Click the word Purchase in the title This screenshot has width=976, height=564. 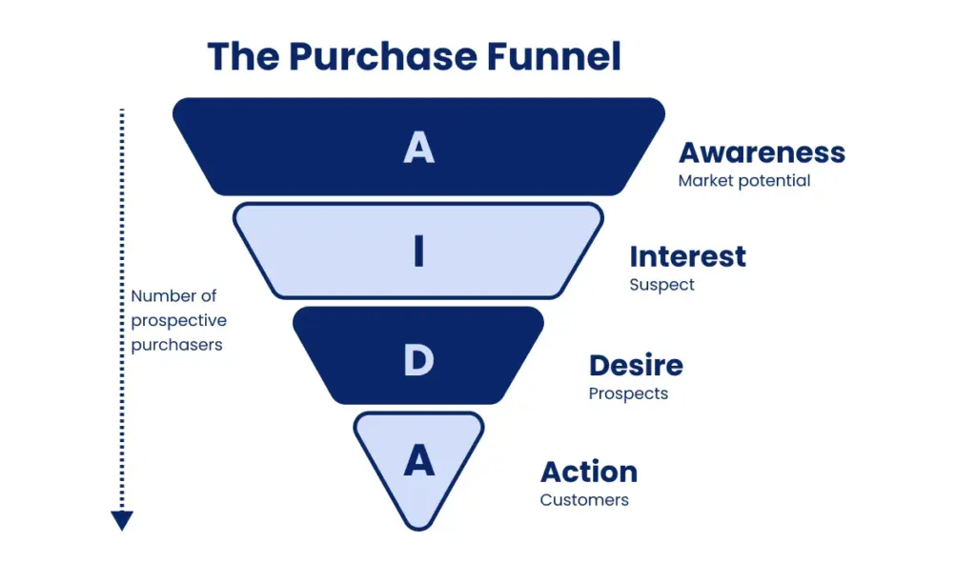tap(383, 56)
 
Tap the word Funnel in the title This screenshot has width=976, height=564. tap(554, 56)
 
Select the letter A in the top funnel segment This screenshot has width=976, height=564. tap(419, 148)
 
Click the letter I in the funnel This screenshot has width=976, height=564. tap(419, 251)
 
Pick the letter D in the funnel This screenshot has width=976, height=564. tap(419, 360)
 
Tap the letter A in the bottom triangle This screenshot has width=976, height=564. tap(419, 460)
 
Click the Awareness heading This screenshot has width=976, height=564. tap(762, 152)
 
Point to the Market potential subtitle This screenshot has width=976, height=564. tap(743, 180)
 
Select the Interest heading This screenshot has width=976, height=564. tap(688, 256)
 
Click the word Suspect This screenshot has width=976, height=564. tap(661, 285)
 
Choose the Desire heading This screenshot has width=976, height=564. tap(636, 366)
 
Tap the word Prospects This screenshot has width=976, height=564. tap(628, 393)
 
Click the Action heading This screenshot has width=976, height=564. tap(589, 472)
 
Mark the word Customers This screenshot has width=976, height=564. tap(584, 500)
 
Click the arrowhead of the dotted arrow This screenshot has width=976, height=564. tap(122, 521)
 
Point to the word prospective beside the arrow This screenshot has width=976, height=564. tap(178, 321)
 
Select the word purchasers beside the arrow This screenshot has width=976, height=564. tap(176, 345)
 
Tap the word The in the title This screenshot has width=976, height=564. tap(244, 56)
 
